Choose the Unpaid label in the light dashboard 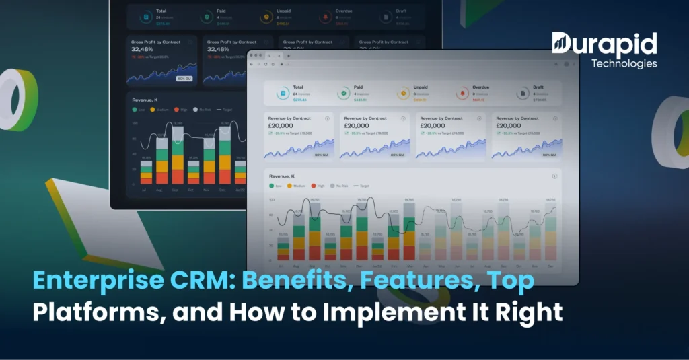click(421, 88)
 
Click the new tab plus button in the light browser click(289, 55)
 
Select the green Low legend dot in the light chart click(271, 185)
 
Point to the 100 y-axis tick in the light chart click(272, 201)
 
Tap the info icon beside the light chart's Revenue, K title click(554, 176)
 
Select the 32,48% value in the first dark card click(143, 49)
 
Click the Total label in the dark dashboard click(162, 11)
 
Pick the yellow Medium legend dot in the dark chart click(153, 108)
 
